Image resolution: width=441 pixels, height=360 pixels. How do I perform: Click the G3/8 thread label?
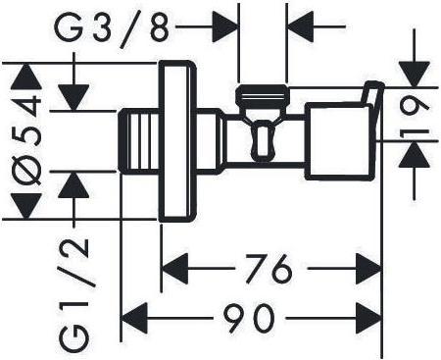[112, 28]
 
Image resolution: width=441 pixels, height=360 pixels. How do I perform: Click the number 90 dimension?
[249, 318]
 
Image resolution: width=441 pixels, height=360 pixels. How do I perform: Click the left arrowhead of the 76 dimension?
[175, 269]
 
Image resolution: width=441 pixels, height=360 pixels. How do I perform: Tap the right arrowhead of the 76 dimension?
[368, 269]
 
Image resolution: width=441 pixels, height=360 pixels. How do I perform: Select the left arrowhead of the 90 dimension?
[134, 318]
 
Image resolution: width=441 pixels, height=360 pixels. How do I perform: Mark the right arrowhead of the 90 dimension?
[368, 318]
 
